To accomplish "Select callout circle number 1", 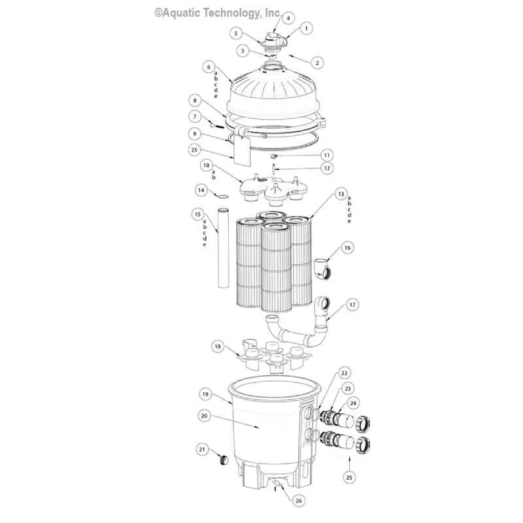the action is pos(306,28).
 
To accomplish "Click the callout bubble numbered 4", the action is pos(288,18).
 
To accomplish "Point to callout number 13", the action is pos(341,194).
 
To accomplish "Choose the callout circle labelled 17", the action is pos(352,305).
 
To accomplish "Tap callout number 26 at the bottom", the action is pos(299,500).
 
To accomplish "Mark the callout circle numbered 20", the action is pos(205,416).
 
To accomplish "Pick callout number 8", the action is pos(195,101).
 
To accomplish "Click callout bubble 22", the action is pos(344,373).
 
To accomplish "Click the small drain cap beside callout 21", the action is pos(223,460).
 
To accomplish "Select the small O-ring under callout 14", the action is pos(224,197).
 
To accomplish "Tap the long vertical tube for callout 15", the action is pos(224,248).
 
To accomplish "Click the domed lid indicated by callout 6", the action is pos(273,90).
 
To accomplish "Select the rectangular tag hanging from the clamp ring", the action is pos(242,152).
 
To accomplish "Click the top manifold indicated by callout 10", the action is pos(274,190).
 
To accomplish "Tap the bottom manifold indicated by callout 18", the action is pos(274,359).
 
